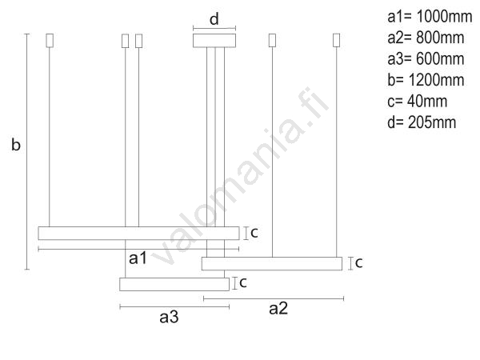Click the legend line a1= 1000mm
[x=430, y=17]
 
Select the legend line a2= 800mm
[x=426, y=38]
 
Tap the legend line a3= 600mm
[x=426, y=58]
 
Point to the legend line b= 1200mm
[x=426, y=80]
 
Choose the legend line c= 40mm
[x=417, y=101]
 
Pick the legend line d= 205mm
[x=422, y=122]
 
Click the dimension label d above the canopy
[x=214, y=19]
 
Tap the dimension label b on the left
[x=16, y=144]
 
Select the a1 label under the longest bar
[x=138, y=258]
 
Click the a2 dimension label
[x=278, y=309]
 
